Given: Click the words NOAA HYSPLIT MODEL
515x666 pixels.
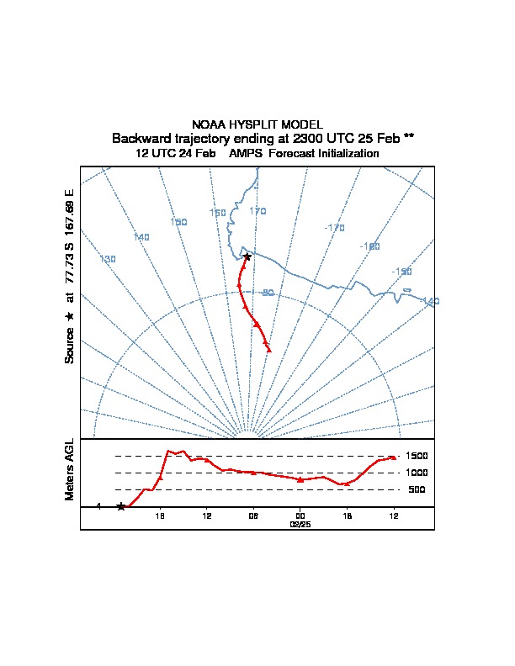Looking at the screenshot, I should click(257, 124).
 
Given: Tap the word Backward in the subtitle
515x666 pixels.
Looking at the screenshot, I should click(140, 138).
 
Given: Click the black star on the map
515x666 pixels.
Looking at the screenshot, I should click(247, 256).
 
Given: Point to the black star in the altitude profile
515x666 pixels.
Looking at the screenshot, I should click(121, 506).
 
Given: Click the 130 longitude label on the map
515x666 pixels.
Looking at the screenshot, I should click(107, 259).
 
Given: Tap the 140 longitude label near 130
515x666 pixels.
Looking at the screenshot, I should click(141, 238).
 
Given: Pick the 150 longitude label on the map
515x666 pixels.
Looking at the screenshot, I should click(178, 222).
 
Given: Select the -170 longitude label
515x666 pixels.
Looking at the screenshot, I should click(334, 228).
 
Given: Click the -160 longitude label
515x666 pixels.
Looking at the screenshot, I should click(369, 246).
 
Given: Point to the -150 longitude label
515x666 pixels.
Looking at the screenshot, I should click(401, 272).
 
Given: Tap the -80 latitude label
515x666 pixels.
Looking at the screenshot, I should click(267, 293).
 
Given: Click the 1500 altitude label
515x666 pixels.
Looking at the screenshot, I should click(417, 456).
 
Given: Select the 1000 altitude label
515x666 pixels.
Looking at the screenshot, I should click(417, 473).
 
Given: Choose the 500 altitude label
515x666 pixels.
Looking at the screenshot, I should click(417, 489).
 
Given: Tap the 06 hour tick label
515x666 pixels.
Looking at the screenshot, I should click(253, 515).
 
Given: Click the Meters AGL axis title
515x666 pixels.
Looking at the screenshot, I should click(70, 470).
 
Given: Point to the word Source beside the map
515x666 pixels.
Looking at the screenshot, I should click(70, 346).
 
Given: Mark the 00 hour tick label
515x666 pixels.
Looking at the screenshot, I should click(300, 515).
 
